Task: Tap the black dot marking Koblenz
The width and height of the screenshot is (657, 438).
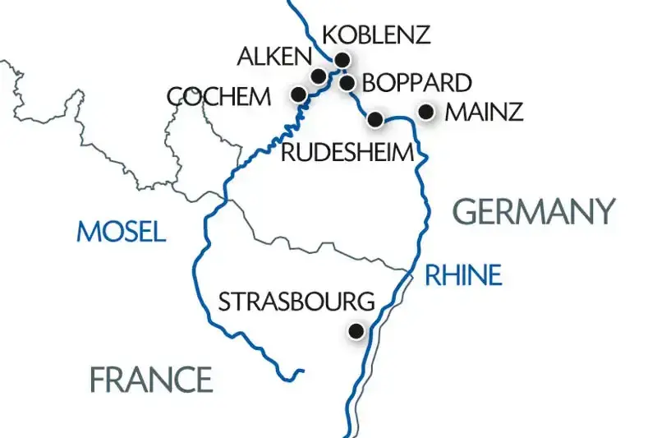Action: (x=342, y=59)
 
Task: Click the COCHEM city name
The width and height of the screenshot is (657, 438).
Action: (x=218, y=96)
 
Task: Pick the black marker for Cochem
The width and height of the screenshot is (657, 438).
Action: (x=299, y=95)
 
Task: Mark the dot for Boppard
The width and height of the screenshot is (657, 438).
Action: (x=347, y=82)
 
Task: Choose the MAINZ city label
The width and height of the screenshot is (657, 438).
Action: (x=483, y=113)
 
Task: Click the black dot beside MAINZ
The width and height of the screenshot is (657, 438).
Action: (x=426, y=111)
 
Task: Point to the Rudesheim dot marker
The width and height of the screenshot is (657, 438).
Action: (x=375, y=119)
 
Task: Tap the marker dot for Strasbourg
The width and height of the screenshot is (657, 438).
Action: (x=356, y=331)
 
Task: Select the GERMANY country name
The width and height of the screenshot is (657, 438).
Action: (x=534, y=212)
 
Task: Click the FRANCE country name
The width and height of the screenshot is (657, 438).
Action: (x=151, y=380)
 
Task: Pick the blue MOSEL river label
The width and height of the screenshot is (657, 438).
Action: (x=121, y=232)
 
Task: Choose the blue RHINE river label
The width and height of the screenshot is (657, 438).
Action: (x=462, y=275)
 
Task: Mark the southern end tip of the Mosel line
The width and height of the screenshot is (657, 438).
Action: (x=302, y=372)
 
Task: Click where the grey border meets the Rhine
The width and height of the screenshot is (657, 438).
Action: (x=408, y=270)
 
